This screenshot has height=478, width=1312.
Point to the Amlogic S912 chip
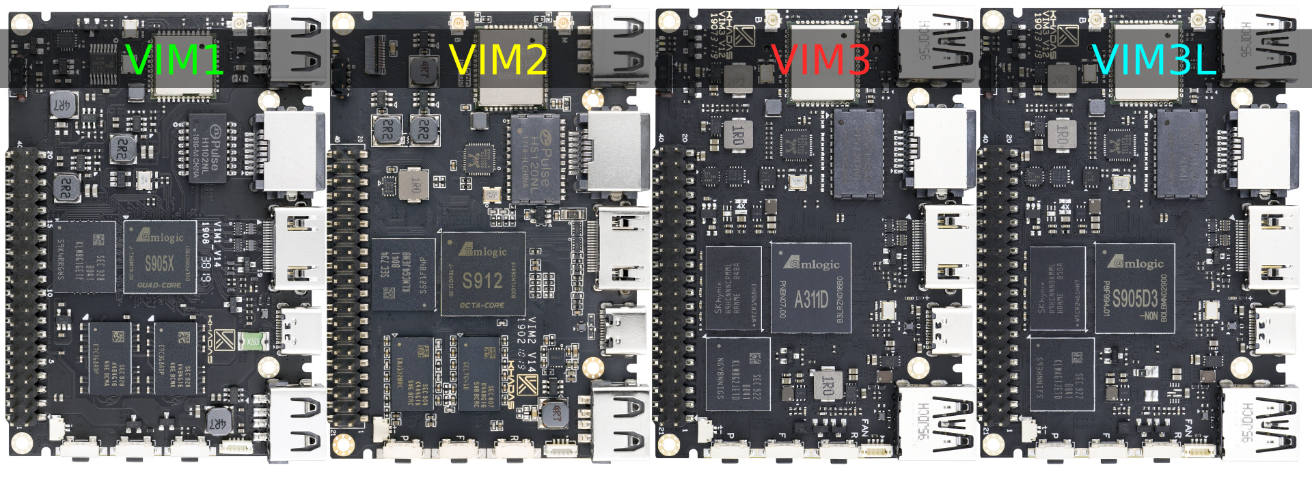click(482, 274)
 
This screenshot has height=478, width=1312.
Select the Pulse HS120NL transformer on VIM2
click(535, 159)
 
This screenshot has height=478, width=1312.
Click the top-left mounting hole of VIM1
click(21, 25)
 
